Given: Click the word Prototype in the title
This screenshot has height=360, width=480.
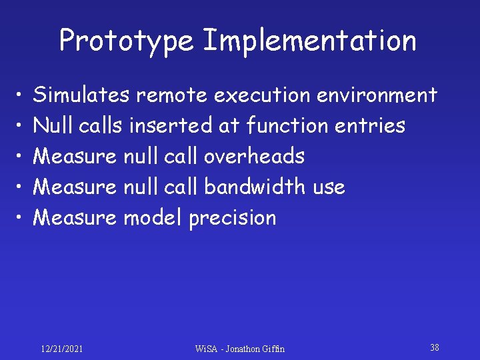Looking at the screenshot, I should coord(127,41).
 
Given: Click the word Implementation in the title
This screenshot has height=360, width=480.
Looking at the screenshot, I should coord(309,41).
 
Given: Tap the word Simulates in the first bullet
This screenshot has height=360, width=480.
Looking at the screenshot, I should coord(81,95).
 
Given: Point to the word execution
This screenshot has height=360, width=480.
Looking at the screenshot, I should coord(262,95).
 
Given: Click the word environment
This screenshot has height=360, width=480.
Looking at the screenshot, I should coord(377,95).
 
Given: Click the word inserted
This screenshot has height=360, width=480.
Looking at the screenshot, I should coord(174,126).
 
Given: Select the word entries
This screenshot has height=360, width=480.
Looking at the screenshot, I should coord(372,126).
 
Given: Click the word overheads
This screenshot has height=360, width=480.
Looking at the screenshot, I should coord(254,157).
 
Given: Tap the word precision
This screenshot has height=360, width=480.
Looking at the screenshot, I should coord(232,218).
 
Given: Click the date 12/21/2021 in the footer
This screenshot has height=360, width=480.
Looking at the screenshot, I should coord(62,349).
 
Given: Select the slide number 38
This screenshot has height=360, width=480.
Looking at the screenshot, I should coord(434,347).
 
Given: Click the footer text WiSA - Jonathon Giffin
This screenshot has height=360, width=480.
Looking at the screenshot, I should coord(239,349).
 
